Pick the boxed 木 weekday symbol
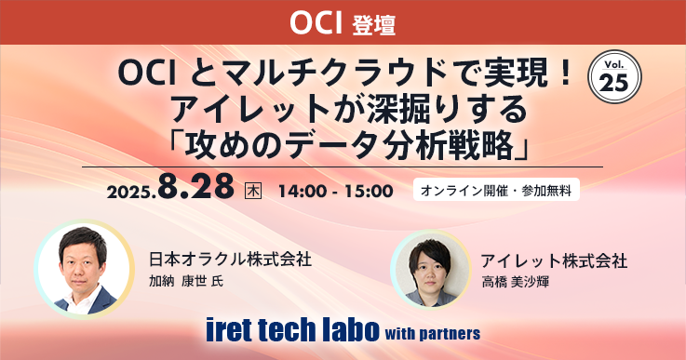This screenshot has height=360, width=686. point(251,191)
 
